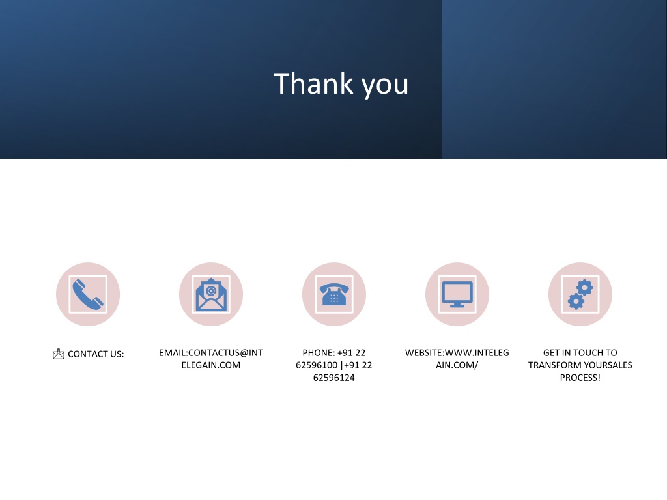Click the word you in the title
point(385,87)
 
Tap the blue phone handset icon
point(88,294)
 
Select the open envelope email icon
point(211,294)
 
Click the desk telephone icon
point(334,294)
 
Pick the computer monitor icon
point(457,294)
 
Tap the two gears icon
point(580,294)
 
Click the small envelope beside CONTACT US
point(58,354)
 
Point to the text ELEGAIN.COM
point(211,365)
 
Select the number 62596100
point(317,365)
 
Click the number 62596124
point(334,378)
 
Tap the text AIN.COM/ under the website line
point(457,365)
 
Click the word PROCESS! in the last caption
point(580,378)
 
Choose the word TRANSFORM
point(553,365)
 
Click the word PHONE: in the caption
point(319,352)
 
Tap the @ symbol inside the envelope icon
point(211,291)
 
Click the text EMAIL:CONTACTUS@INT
point(211,352)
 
